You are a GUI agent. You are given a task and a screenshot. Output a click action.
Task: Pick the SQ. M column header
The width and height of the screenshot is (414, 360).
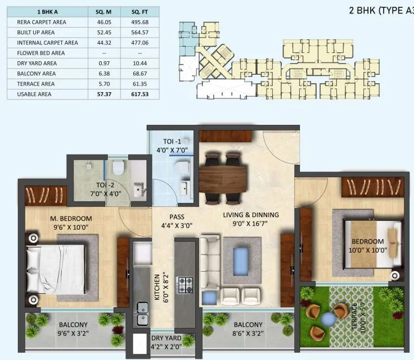[x=103, y=11]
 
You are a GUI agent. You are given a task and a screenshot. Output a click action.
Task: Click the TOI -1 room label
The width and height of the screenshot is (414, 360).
[x=173, y=142]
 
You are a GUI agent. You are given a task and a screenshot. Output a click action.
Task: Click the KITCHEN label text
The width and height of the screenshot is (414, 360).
[x=158, y=289]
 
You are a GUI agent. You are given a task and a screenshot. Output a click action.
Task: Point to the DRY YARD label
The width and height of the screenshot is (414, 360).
[x=165, y=339]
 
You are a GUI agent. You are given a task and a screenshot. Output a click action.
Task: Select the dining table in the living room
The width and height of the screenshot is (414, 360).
[x=224, y=175]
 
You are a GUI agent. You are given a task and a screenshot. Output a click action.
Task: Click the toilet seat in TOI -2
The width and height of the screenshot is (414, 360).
[x=118, y=167]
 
